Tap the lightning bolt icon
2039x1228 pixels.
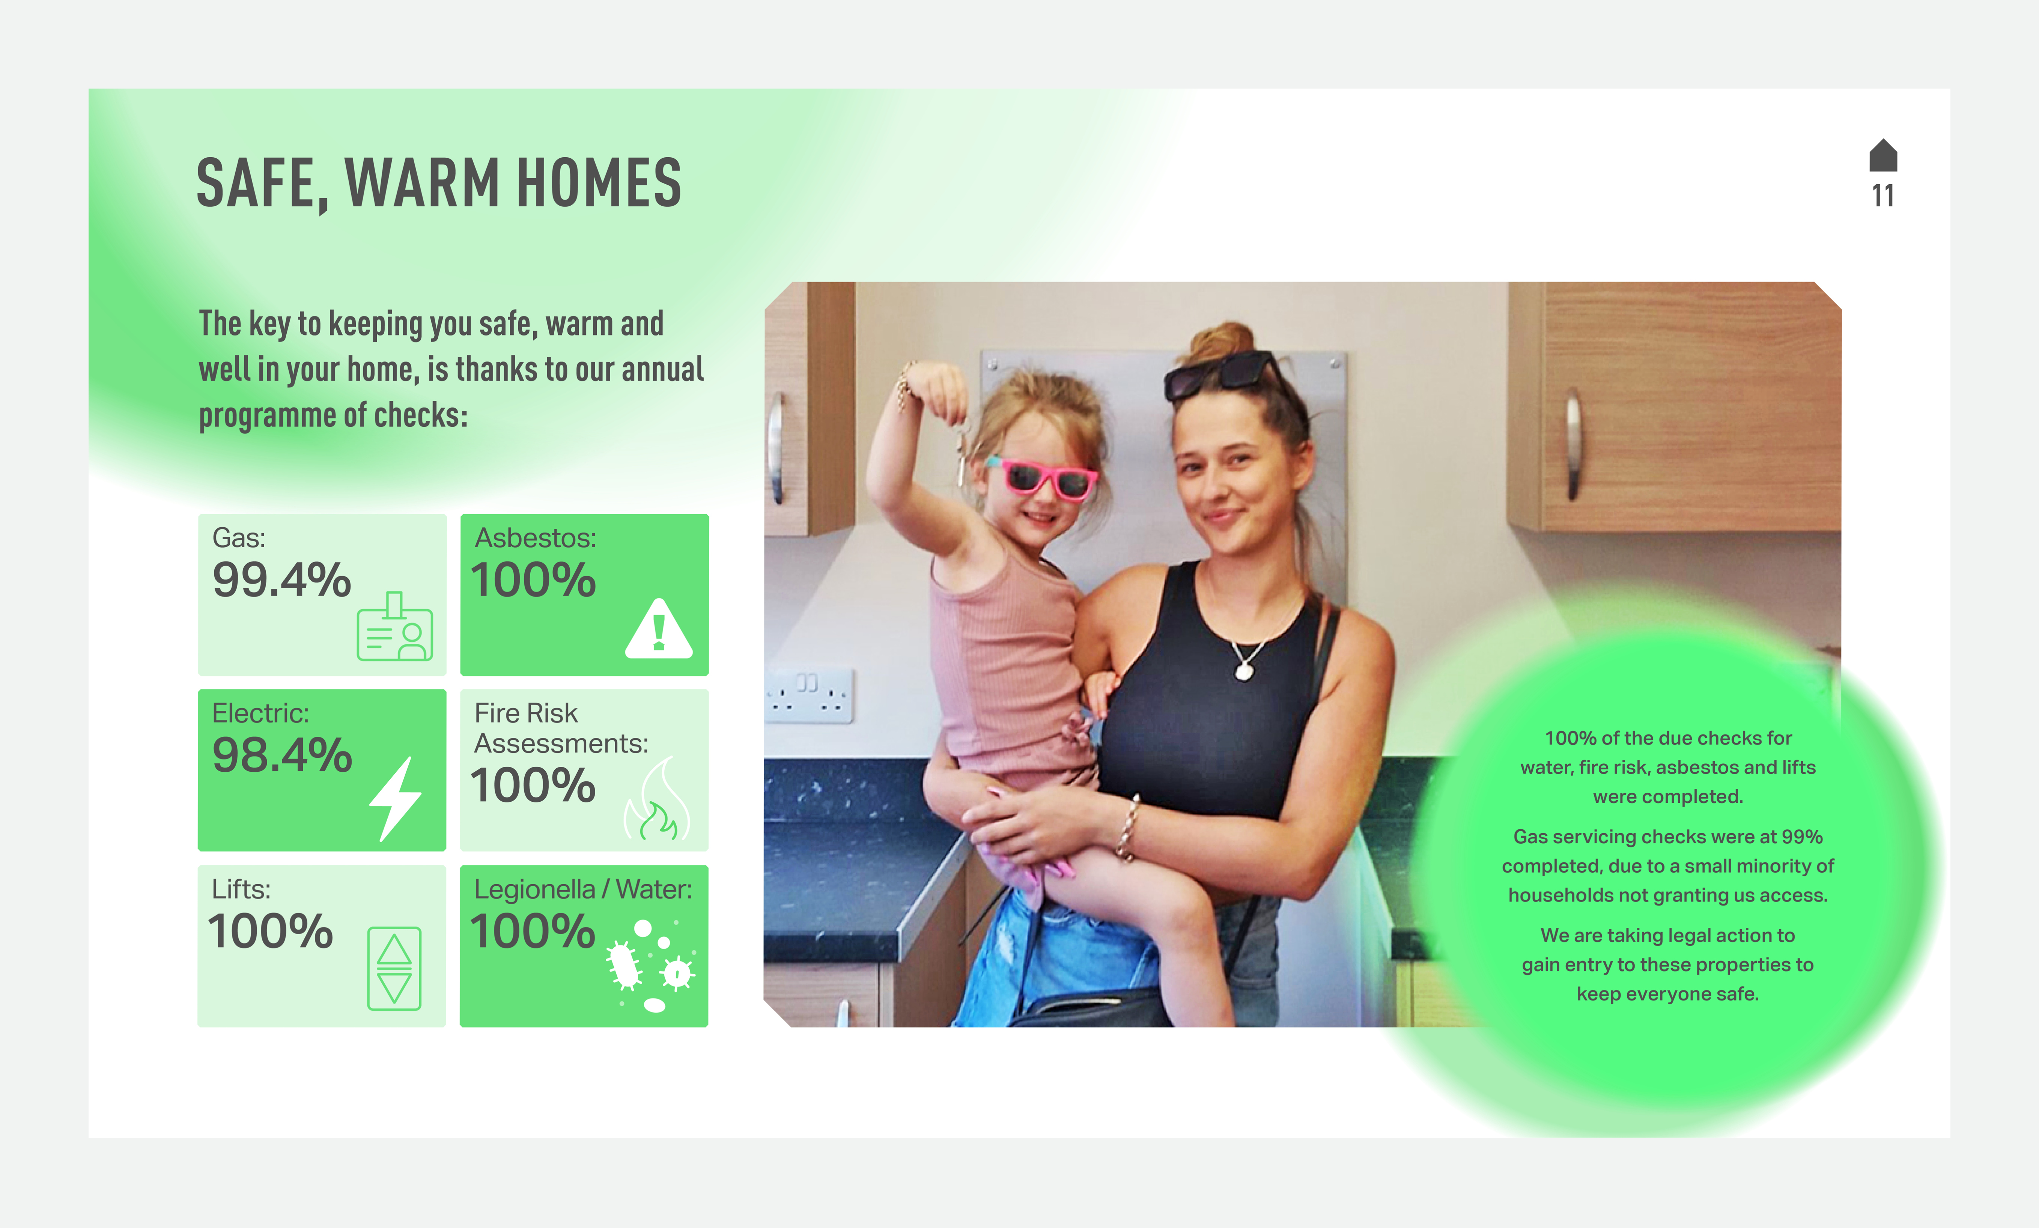(395, 799)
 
